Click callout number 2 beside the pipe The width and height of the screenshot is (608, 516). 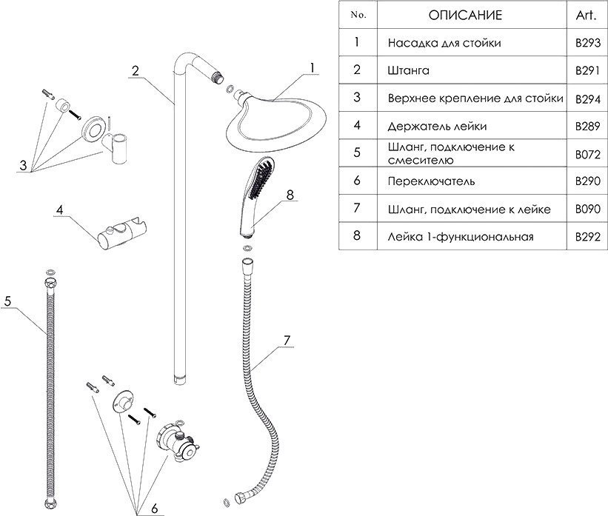136,71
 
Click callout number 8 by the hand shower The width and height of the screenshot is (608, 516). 290,195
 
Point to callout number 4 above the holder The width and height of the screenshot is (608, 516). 59,210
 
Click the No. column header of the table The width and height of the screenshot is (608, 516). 357,15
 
